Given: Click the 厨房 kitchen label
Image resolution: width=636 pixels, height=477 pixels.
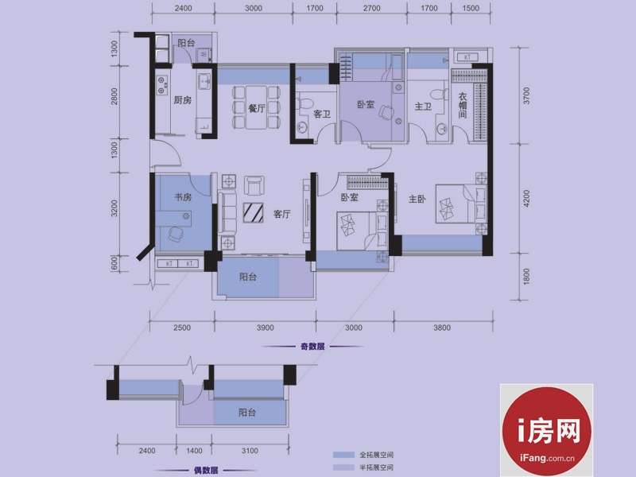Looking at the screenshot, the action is (183, 100).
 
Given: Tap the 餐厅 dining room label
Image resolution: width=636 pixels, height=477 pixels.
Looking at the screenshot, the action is (257, 108).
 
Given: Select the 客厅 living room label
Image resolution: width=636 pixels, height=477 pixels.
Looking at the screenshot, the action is (282, 214).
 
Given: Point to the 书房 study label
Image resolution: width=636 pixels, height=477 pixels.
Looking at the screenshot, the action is (183, 197).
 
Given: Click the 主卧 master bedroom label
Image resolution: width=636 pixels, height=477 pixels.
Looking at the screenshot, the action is (417, 199).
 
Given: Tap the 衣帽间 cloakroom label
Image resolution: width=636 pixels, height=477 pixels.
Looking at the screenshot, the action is (463, 106).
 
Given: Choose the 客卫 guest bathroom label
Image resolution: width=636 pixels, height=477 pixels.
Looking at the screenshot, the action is (322, 114).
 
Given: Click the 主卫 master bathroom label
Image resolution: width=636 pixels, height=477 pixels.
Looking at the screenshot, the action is (423, 107).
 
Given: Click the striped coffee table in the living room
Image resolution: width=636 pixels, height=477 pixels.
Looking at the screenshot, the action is (253, 212).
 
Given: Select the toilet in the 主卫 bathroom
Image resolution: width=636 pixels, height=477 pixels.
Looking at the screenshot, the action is (436, 95).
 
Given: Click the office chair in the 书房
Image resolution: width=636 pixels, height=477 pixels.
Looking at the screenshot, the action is (176, 234).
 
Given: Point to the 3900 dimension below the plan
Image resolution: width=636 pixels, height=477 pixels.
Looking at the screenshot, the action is (266, 328).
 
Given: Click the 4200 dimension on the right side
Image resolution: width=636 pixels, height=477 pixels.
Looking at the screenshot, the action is (526, 199).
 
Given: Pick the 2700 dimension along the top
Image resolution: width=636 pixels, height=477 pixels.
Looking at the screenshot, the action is (372, 8).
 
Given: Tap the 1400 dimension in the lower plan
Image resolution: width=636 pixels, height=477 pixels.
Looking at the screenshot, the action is (194, 451).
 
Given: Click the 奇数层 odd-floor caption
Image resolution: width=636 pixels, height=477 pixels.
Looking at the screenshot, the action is (312, 347).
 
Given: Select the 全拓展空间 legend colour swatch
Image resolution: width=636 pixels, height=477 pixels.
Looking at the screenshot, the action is (343, 455).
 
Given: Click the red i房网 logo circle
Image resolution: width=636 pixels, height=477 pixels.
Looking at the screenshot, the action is (546, 431).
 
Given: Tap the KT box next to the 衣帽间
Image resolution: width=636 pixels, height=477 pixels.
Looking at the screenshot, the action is (467, 57).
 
